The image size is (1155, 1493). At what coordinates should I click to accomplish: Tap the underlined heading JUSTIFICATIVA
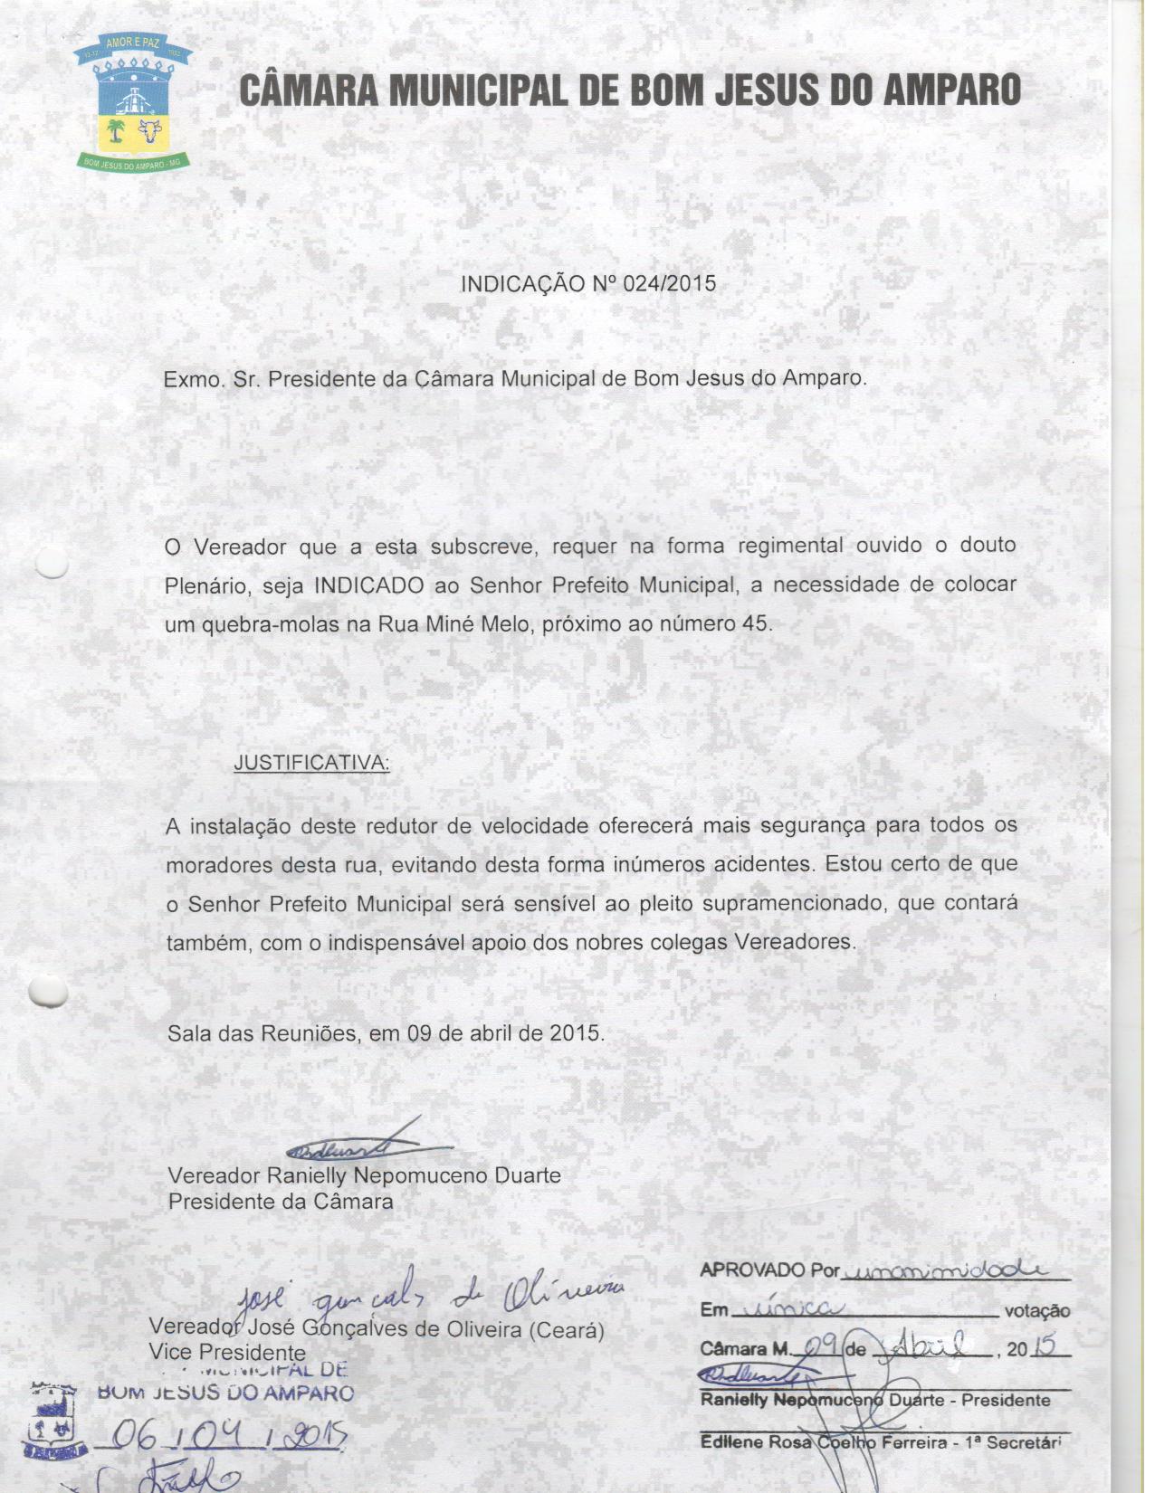pos(311,763)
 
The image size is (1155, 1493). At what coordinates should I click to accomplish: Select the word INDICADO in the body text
pos(368,585)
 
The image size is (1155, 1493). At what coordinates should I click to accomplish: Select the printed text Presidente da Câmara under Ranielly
pos(281,1202)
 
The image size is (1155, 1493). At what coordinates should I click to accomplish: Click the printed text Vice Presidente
pos(215,1353)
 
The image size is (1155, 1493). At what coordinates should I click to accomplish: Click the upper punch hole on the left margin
pos(51,563)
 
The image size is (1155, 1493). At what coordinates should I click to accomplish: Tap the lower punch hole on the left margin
pos(48,992)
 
